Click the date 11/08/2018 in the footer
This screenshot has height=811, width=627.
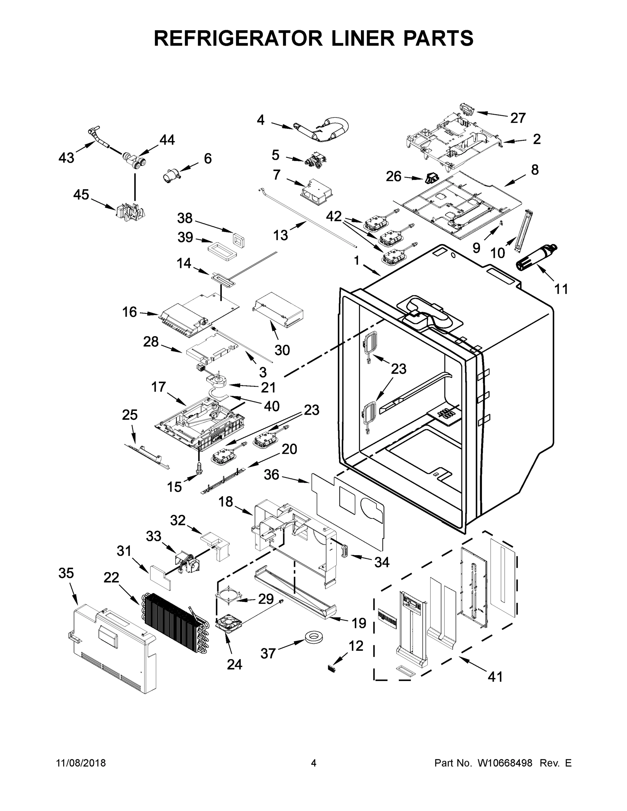point(81,763)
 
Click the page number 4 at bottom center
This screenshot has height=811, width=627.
point(314,763)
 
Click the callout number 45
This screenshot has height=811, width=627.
point(81,195)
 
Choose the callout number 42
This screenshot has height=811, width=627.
point(334,216)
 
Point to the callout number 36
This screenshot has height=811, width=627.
point(271,474)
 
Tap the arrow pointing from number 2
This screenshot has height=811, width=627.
point(514,141)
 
